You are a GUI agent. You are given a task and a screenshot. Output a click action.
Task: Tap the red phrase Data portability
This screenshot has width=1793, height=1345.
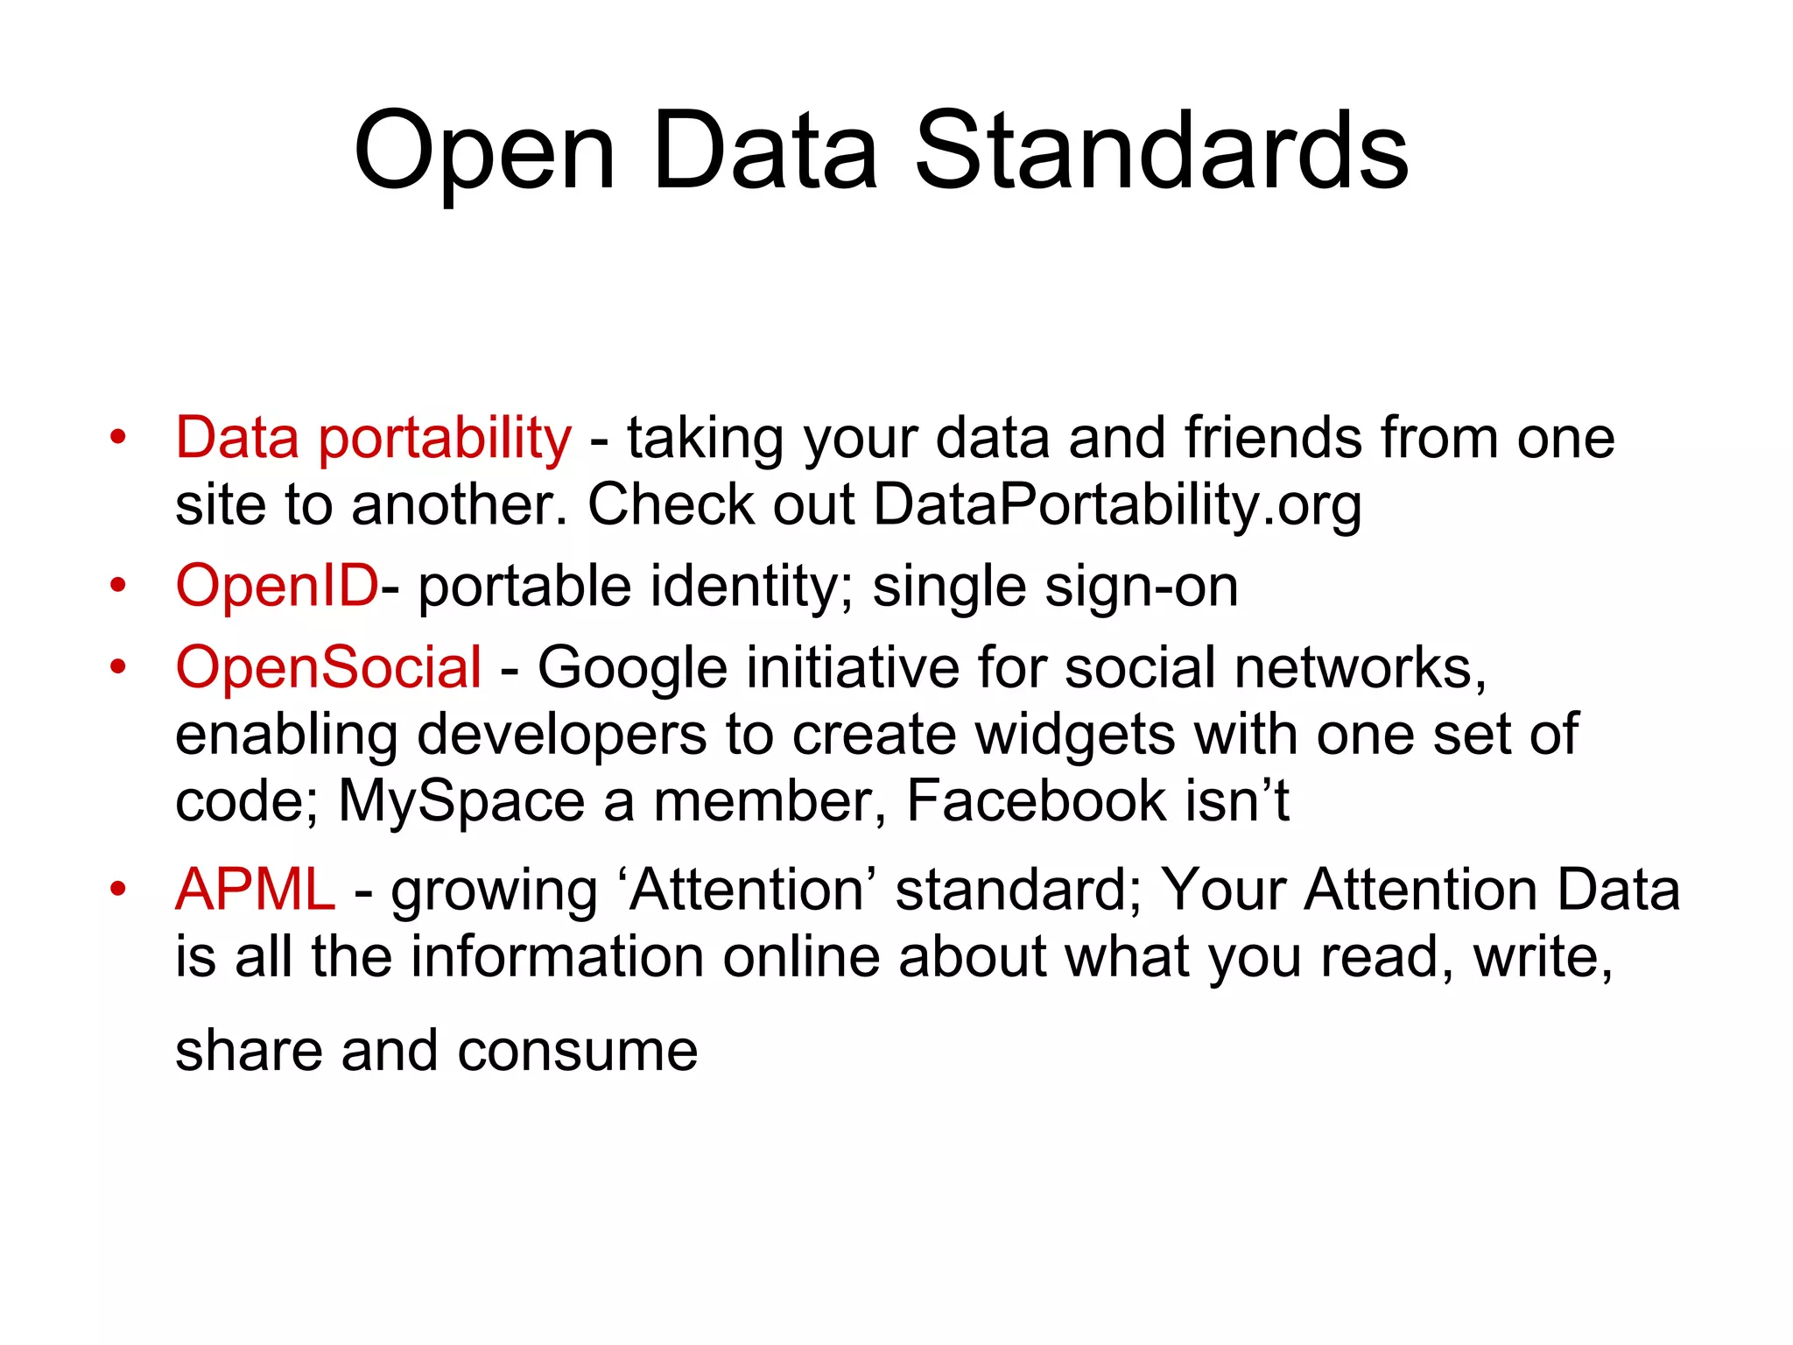(373, 438)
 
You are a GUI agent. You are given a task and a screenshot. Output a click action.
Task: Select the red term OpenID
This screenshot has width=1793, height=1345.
(277, 586)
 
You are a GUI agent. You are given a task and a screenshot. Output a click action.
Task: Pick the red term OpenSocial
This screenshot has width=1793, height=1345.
(328, 667)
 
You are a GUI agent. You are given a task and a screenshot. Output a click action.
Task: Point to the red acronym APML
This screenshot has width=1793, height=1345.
(255, 890)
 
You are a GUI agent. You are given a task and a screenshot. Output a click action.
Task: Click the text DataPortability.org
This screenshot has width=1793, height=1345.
(1118, 505)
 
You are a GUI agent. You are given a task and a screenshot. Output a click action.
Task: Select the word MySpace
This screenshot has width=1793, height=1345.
(461, 801)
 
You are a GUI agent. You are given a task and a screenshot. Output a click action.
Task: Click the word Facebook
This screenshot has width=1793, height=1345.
(1036, 800)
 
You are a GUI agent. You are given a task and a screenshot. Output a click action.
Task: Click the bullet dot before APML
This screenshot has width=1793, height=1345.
(118, 889)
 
